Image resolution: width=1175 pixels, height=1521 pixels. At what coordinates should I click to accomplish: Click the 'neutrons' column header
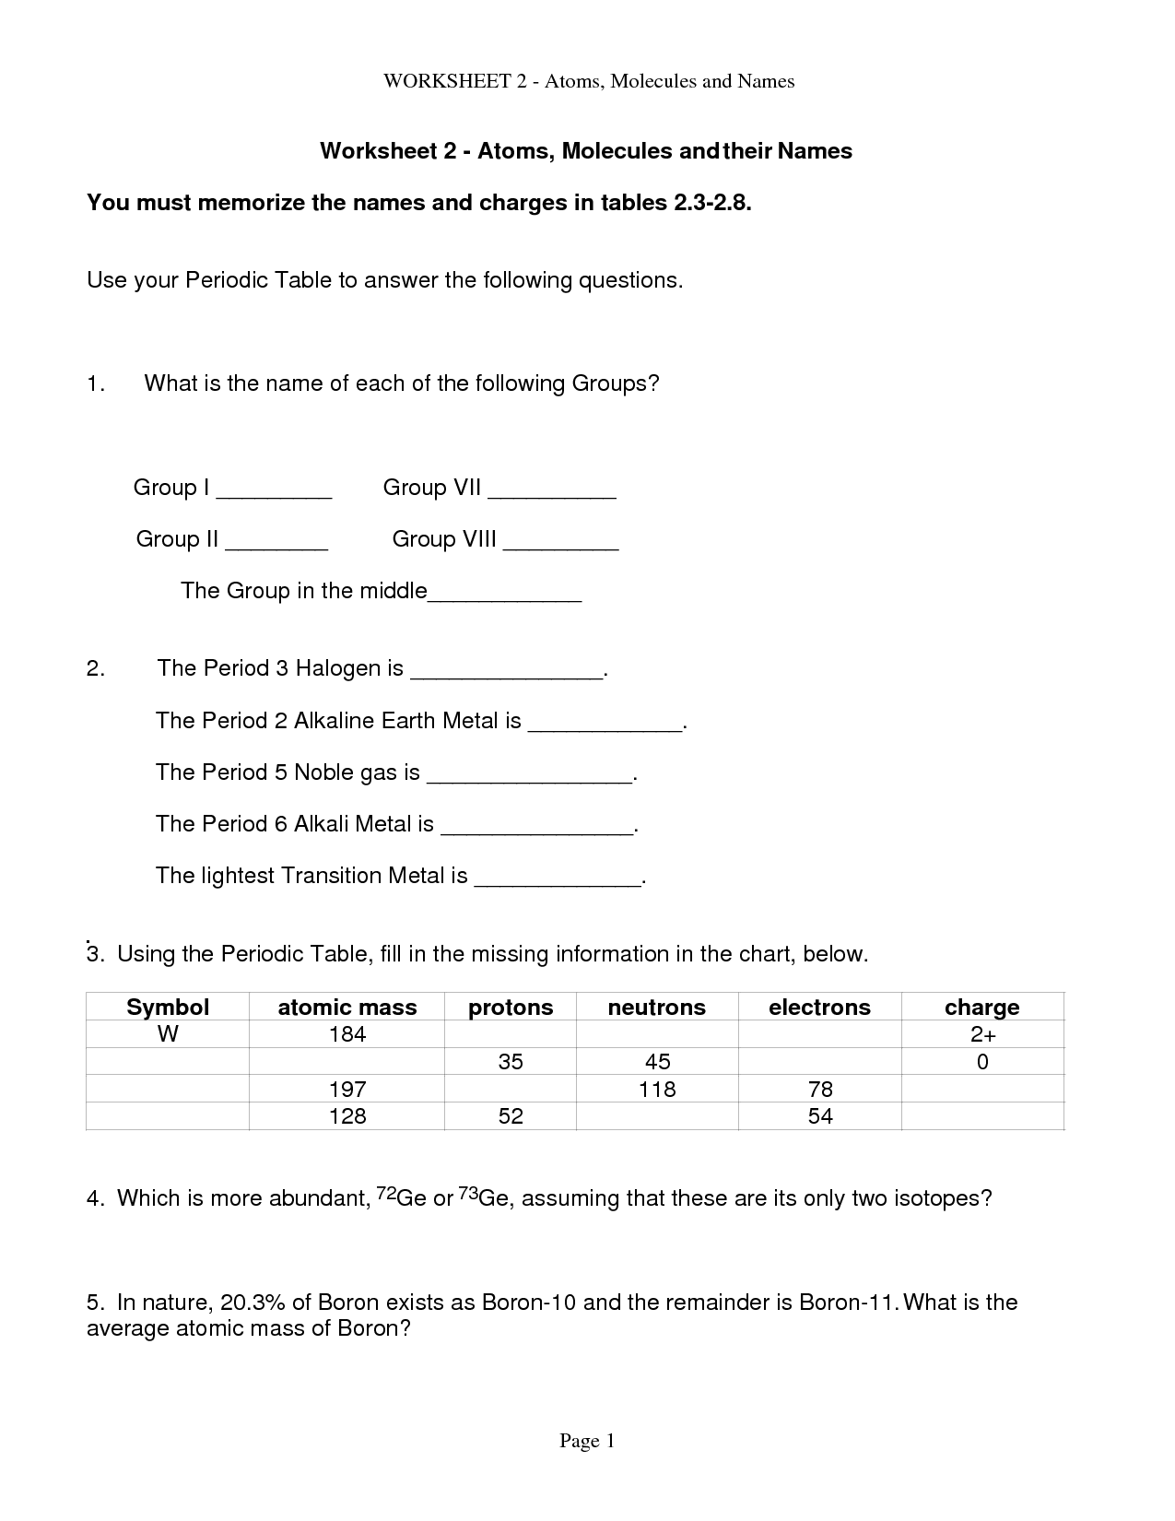(x=656, y=1008)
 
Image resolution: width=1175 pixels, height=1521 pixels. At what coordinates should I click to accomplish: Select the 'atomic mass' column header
(x=347, y=1008)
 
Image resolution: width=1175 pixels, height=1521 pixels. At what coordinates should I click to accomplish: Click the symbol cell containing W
(x=168, y=1034)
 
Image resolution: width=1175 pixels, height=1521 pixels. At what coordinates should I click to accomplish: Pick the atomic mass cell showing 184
(x=347, y=1034)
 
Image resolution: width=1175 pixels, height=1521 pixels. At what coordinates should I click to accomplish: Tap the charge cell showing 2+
(x=982, y=1034)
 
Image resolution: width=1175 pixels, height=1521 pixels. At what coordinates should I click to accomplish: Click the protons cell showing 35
(x=511, y=1062)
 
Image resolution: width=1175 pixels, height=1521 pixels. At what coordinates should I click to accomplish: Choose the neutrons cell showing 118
(x=657, y=1090)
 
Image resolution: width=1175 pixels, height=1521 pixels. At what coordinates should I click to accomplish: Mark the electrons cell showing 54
(x=819, y=1116)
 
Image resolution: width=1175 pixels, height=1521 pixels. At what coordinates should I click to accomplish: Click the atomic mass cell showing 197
(x=347, y=1090)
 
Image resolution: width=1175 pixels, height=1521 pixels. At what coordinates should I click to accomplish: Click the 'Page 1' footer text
(x=587, y=1442)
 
